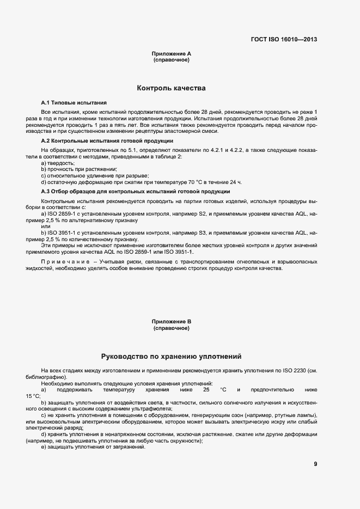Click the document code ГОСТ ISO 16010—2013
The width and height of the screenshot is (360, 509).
[284, 39]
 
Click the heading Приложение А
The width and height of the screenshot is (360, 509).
[171, 54]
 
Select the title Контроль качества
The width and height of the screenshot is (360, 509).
[171, 88]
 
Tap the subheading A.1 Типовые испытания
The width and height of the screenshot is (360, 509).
[74, 102]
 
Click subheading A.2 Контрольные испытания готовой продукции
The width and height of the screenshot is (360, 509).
[107, 140]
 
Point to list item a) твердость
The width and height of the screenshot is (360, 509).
[58, 163]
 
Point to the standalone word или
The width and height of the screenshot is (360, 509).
[46, 227]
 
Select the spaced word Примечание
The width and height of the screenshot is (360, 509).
[63, 262]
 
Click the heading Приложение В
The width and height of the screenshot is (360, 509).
[171, 322]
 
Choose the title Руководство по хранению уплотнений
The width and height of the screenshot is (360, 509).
[171, 356]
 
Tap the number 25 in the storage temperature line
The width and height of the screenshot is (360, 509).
[206, 390]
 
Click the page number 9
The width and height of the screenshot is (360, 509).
[315, 464]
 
